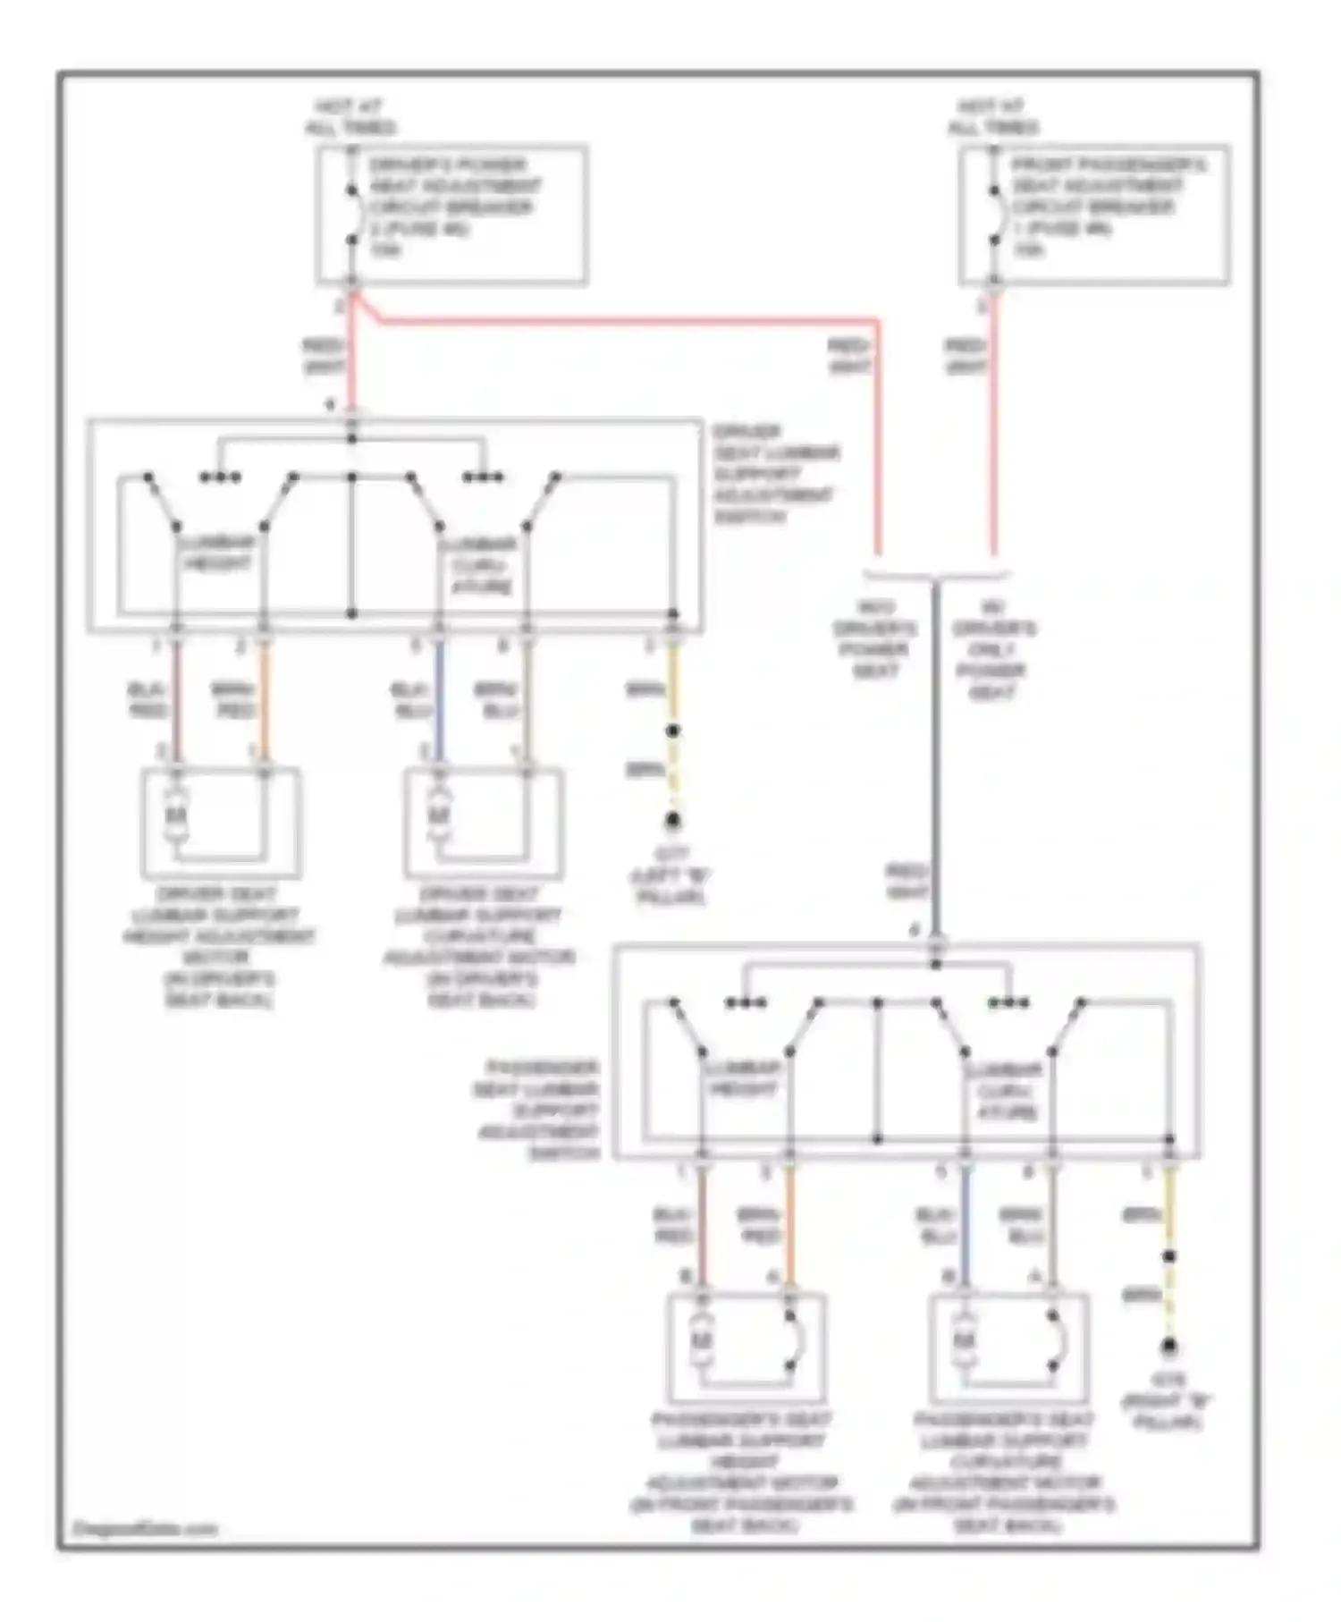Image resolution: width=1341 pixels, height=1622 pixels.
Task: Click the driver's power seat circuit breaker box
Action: [x=451, y=215]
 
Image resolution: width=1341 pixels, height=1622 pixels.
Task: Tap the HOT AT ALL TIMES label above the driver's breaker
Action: [x=350, y=117]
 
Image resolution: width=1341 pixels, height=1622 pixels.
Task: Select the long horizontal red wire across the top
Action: [x=626, y=319]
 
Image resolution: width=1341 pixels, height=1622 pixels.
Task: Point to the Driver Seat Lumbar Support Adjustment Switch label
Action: [x=774, y=474]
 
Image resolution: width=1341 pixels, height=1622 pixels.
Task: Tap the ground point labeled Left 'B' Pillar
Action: [x=672, y=820]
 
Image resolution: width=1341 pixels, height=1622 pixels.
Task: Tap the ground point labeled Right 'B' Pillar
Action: [x=1168, y=1346]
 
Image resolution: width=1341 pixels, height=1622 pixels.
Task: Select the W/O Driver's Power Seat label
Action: [x=874, y=638]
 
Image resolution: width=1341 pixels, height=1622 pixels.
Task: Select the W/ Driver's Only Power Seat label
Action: [x=992, y=649]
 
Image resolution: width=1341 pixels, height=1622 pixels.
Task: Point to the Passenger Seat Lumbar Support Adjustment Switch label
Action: [x=536, y=1111]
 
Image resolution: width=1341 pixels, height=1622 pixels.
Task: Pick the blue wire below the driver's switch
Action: [x=438, y=702]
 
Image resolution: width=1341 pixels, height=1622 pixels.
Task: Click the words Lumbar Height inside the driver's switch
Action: [x=217, y=553]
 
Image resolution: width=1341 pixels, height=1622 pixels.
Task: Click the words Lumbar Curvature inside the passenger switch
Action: [x=1008, y=1091]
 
